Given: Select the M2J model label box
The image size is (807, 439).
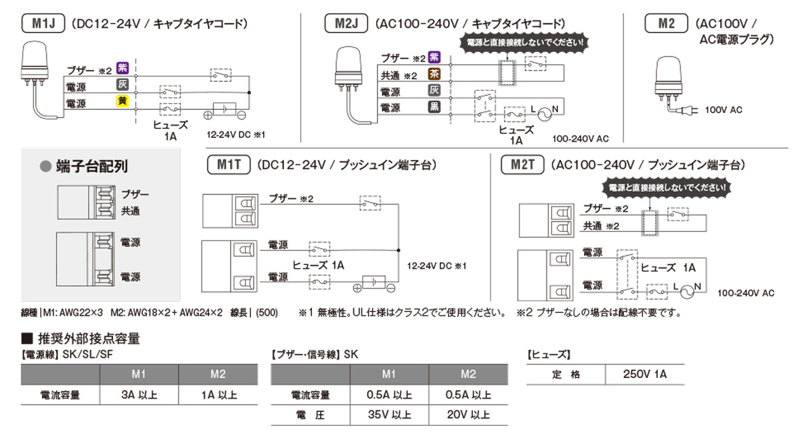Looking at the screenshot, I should (x=346, y=24).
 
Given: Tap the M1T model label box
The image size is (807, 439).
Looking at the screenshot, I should (x=229, y=165).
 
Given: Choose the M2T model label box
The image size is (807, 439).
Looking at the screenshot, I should (x=523, y=165).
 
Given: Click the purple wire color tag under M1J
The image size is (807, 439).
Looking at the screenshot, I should (x=123, y=69).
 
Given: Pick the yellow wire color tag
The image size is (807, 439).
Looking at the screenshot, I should (x=123, y=102).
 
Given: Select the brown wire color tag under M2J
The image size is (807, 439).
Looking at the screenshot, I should (x=434, y=74).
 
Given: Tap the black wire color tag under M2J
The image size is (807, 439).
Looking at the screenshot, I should (x=434, y=107).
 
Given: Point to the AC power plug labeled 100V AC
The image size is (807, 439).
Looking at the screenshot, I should (x=689, y=111).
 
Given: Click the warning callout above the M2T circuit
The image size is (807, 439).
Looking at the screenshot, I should (x=667, y=188).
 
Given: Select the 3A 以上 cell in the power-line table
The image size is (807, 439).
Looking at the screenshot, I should (x=139, y=395).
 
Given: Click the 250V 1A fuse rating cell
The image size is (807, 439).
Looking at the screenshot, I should (x=645, y=374).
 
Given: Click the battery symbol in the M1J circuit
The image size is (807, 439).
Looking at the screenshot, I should (x=225, y=109).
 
